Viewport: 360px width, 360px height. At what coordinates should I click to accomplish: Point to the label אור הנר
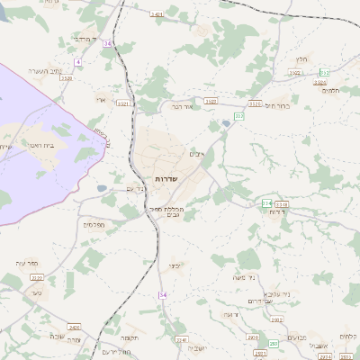184,105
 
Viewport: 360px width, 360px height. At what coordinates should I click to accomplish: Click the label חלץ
301,58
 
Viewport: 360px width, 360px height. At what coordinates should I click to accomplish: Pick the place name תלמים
329,89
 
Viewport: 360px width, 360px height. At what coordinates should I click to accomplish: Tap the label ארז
101,100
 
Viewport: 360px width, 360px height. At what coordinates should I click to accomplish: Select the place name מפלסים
94,224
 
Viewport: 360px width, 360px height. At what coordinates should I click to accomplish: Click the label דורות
277,213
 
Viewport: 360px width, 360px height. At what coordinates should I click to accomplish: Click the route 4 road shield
78,61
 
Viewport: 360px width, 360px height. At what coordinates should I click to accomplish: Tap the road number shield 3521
123,103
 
